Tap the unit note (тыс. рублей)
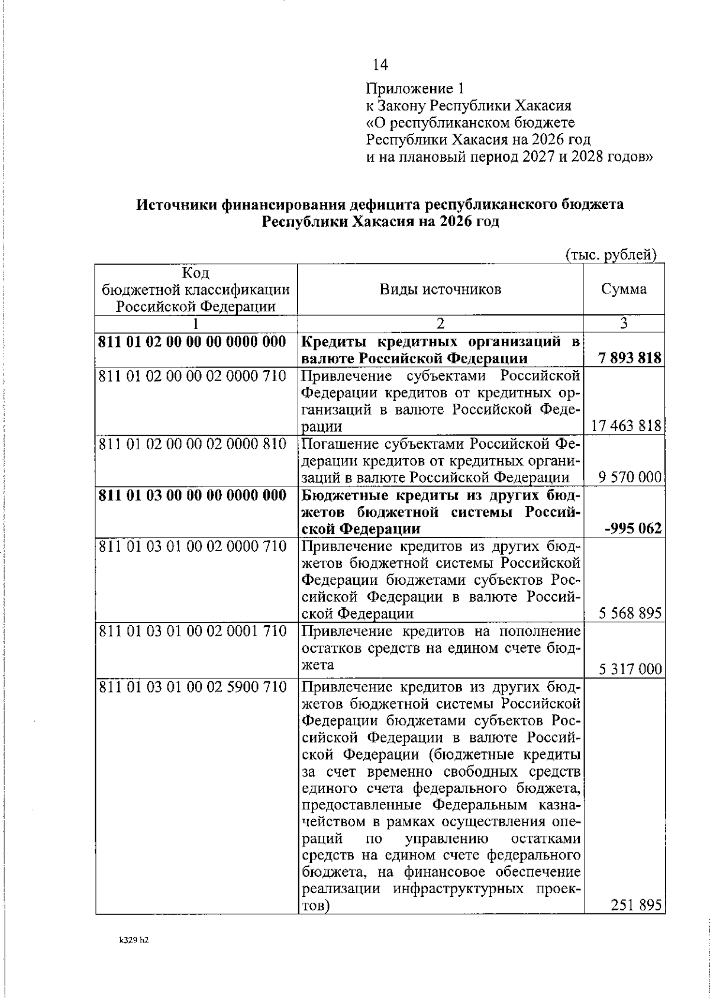tap(612, 255)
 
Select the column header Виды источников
tap(440, 289)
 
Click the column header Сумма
tap(624, 289)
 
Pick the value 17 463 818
tap(626, 426)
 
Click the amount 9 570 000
tap(630, 478)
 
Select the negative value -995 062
tap(633, 529)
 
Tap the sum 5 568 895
tap(630, 613)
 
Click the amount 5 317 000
tap(630, 669)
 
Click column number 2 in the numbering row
tap(440, 323)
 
